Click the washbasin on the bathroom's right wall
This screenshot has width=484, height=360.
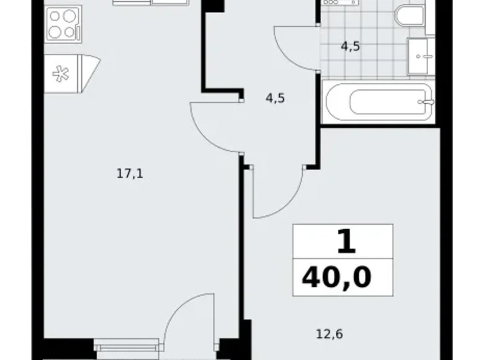click(422, 58)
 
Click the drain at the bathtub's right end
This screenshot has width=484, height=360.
click(424, 101)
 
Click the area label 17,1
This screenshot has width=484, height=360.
click(130, 174)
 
